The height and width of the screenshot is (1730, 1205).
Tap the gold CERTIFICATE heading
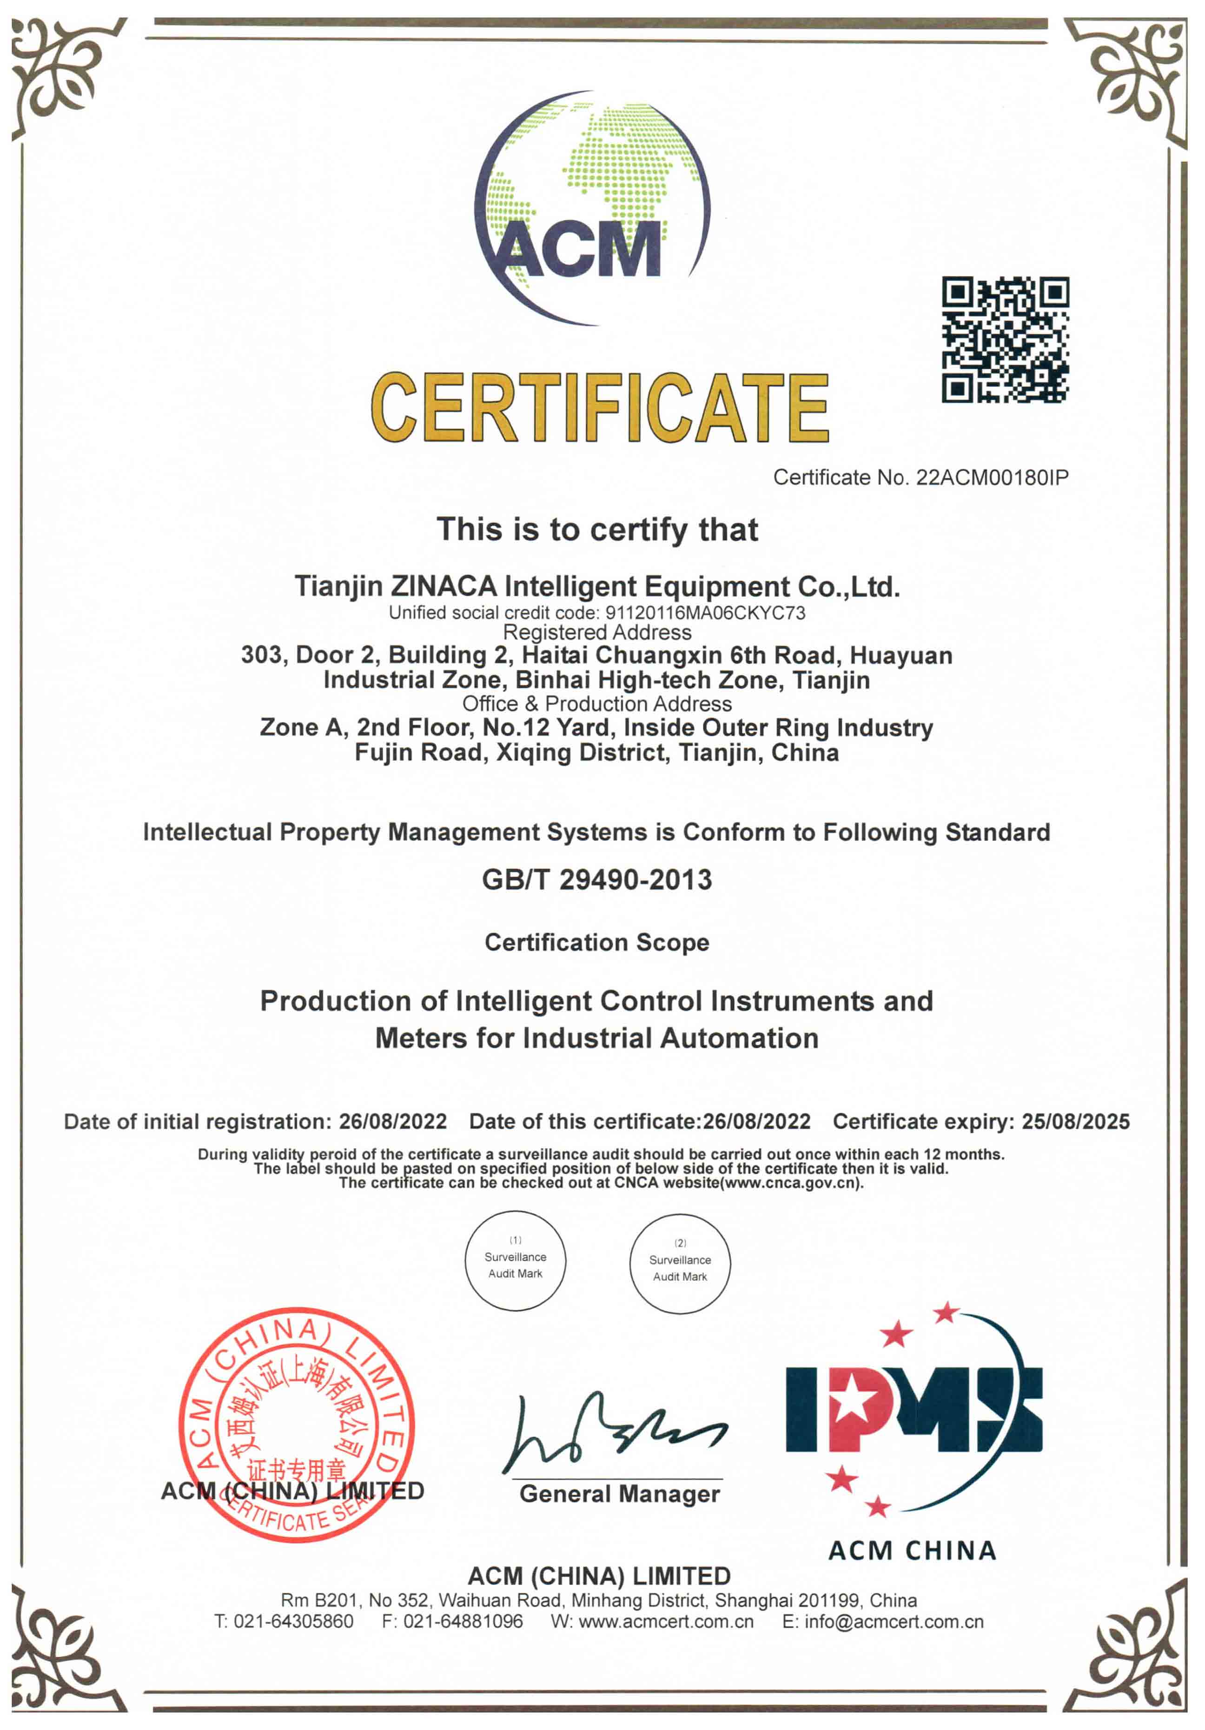click(600, 408)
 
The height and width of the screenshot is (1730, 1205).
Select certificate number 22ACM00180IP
click(992, 477)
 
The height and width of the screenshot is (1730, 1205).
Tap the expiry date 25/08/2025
click(1075, 1121)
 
